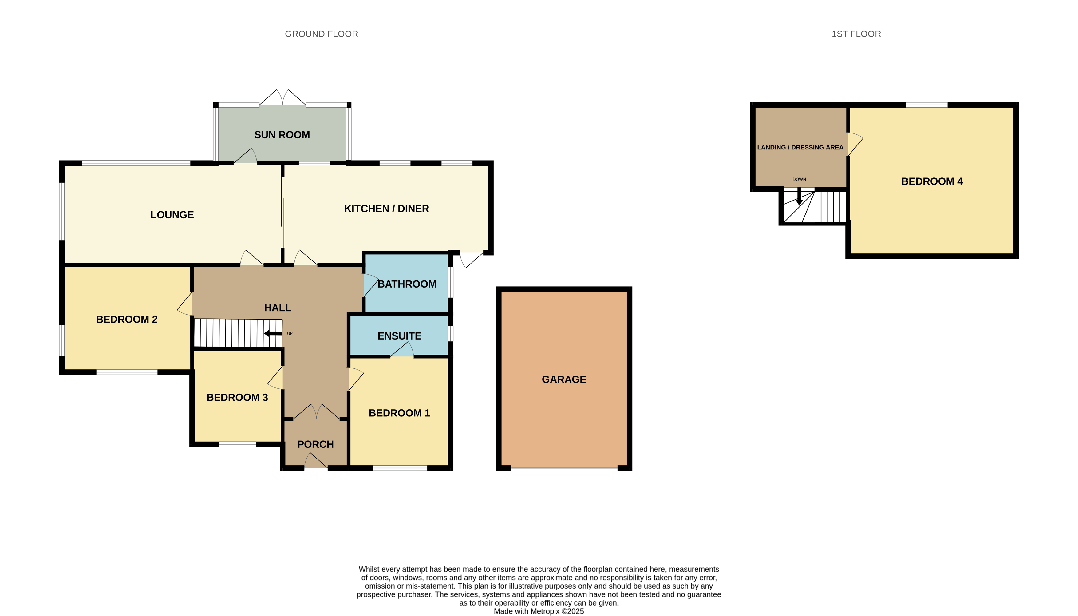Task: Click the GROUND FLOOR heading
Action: (321, 34)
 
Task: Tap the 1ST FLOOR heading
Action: (856, 34)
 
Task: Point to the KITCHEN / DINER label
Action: (386, 209)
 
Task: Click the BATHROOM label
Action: (407, 284)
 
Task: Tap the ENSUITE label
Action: (399, 336)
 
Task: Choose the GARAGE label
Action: (564, 380)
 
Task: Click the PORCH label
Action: (315, 444)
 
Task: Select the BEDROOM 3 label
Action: (237, 397)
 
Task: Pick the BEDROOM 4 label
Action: (932, 181)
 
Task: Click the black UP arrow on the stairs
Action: (273, 333)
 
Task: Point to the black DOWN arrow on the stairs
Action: (799, 196)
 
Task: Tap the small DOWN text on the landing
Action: (799, 179)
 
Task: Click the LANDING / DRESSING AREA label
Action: (800, 147)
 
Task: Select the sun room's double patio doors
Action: (282, 97)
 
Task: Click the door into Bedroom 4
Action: (855, 144)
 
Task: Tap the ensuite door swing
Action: (402, 349)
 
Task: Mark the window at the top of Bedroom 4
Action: (926, 105)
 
